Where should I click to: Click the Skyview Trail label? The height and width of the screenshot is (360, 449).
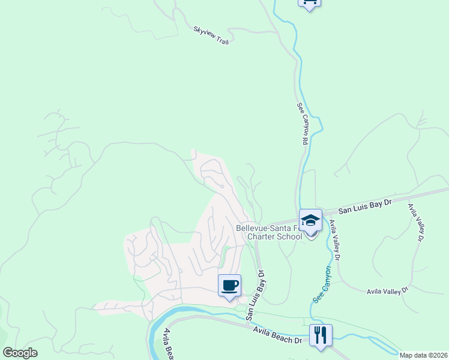point(211,35)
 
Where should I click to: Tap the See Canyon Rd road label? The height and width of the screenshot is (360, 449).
point(302,123)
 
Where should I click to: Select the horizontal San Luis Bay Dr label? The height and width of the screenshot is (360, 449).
point(365,206)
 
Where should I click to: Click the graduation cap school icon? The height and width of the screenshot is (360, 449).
point(310,220)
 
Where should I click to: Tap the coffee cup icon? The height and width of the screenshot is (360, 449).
point(229,285)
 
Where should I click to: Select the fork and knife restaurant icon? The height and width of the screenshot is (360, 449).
point(321,335)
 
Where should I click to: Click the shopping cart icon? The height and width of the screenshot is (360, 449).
point(309,3)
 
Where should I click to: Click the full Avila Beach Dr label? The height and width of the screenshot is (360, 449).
point(277,335)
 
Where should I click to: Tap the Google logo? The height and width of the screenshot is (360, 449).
point(20,353)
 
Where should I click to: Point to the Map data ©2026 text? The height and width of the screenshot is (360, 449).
point(423,355)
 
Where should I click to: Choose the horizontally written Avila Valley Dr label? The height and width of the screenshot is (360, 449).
point(388,291)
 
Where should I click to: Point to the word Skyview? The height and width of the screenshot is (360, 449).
point(203,32)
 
